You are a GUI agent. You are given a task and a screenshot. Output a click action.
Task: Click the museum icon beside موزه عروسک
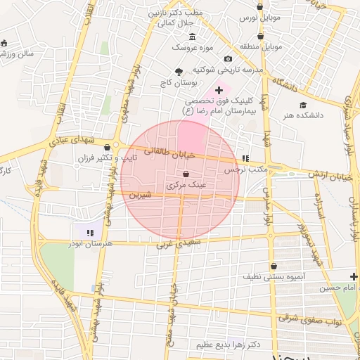click(193, 37)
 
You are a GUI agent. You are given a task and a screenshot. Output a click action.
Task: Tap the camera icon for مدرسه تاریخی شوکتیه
click(228, 59)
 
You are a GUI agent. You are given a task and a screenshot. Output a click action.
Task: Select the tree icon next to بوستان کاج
click(178, 72)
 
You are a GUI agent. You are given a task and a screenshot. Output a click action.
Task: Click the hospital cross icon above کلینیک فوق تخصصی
click(219, 90)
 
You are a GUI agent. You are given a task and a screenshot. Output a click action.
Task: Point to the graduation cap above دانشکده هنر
click(302, 104)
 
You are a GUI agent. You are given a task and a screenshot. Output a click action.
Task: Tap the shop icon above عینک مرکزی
click(186, 174)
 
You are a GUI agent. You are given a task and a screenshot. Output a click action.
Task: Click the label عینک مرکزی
click(186, 186)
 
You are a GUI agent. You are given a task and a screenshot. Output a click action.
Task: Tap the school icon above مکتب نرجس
click(245, 159)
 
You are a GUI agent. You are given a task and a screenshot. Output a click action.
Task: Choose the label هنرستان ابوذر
click(89, 243)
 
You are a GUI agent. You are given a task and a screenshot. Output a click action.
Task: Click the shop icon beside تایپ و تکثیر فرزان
click(107, 148)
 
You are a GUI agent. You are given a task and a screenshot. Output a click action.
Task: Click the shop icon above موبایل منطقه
click(260, 36)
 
